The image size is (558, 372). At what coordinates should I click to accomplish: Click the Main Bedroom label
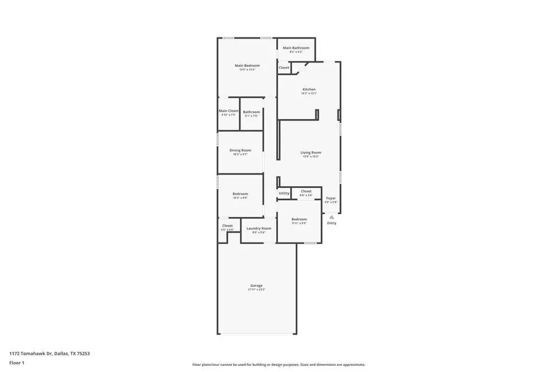point(247,66)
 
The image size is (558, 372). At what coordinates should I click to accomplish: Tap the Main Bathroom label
point(296,48)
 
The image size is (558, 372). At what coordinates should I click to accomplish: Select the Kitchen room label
point(309,89)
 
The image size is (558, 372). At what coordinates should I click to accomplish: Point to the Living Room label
point(311,152)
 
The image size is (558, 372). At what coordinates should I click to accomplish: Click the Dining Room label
point(240,150)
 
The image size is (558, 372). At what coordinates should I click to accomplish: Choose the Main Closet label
point(228,111)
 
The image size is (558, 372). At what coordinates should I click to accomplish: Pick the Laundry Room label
point(259,228)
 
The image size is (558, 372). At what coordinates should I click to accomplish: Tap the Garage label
point(256,286)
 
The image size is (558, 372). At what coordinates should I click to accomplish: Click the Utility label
point(284,194)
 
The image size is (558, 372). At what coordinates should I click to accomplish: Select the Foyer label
point(331,198)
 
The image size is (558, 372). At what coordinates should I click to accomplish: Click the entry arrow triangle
point(331,217)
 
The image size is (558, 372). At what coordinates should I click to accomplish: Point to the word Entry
point(331,223)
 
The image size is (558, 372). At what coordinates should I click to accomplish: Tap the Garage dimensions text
point(256,290)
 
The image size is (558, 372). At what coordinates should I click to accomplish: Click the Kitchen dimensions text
point(309,94)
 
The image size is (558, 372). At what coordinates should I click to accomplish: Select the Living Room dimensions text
point(311,157)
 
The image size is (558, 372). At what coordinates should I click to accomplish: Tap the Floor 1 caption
point(17,363)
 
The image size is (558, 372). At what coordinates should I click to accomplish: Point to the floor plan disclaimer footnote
point(279,364)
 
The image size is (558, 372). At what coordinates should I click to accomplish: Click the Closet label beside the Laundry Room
point(227,226)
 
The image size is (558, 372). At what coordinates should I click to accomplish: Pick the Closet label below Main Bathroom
point(284,67)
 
